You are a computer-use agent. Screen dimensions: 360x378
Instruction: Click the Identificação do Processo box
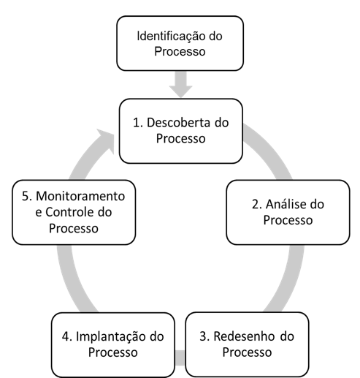point(180,43)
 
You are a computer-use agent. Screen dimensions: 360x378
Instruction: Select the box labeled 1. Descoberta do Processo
point(181,131)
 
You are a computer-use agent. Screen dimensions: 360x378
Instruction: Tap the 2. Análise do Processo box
point(288,212)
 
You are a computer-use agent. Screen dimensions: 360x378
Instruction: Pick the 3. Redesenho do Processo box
point(247,344)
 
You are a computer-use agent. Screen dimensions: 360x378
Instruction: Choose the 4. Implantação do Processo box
point(113,344)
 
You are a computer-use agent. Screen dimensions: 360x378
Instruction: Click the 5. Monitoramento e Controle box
point(74,212)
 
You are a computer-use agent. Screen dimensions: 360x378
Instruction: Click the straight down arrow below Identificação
point(181,84)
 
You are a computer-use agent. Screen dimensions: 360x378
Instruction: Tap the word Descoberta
point(179,122)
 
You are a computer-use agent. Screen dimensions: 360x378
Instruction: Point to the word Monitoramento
point(80,196)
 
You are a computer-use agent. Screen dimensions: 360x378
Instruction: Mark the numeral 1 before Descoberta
point(137,123)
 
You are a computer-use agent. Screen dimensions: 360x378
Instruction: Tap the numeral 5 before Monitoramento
point(26,196)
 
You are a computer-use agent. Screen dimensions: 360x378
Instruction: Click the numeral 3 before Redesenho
point(204,336)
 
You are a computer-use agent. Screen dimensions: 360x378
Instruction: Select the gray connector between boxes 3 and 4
point(180,358)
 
